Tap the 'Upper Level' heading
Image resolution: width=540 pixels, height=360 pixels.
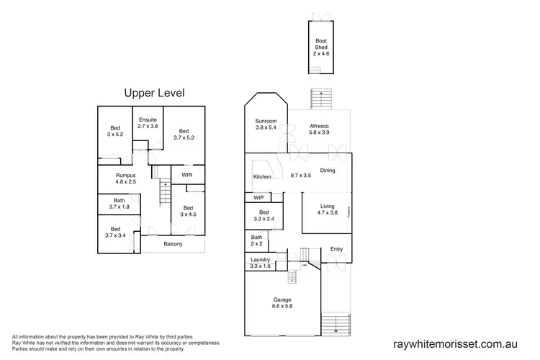(x=155, y=93)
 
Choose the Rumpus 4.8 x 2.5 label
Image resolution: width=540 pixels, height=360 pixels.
(x=127, y=178)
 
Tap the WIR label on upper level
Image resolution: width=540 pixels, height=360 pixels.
(x=186, y=174)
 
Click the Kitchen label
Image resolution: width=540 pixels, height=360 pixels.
(x=261, y=176)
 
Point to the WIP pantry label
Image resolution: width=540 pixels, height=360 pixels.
(x=258, y=197)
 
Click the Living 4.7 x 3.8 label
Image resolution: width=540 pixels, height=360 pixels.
(x=328, y=210)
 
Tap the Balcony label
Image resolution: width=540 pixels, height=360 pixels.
(x=173, y=244)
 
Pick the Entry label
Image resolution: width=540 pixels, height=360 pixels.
(x=336, y=249)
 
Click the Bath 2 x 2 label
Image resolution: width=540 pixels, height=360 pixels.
(x=257, y=240)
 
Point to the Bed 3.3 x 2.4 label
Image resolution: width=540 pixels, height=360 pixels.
(x=264, y=215)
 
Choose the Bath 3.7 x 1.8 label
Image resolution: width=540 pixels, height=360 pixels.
(x=119, y=204)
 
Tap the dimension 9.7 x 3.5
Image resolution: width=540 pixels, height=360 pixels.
(x=300, y=176)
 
